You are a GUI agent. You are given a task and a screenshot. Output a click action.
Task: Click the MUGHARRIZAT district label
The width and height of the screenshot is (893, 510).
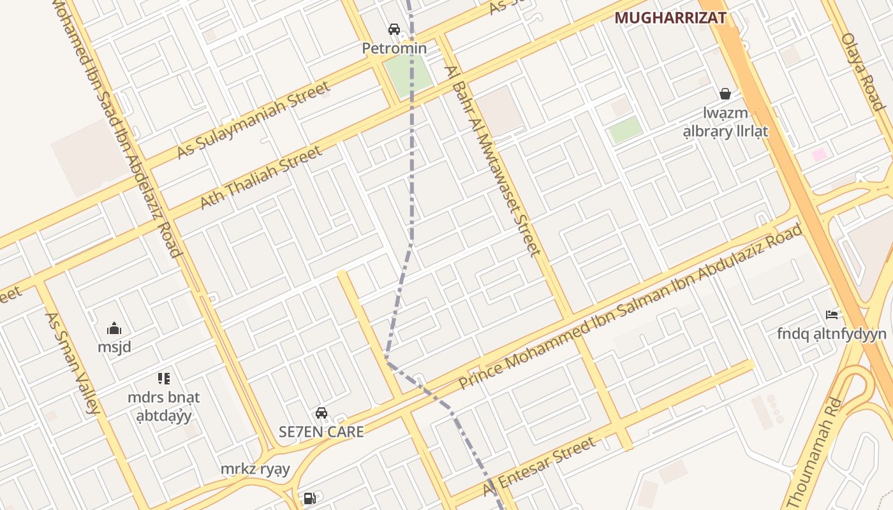pos(670,18)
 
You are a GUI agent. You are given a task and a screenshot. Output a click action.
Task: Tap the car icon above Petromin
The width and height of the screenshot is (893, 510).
pos(394,29)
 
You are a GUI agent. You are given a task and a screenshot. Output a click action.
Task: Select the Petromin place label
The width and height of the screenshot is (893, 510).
pos(394,48)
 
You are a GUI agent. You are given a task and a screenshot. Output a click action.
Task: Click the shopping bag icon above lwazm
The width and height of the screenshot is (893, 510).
pos(725,94)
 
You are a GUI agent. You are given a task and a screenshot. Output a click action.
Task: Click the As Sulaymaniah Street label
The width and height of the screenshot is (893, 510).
pos(254,119)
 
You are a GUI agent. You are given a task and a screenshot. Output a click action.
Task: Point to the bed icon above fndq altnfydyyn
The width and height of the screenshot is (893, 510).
pos(832,314)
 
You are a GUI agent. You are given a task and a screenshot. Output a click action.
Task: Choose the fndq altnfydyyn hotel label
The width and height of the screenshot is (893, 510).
pos(832,334)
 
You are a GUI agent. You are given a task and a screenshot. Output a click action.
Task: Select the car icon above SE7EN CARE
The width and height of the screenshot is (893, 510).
pos(321,413)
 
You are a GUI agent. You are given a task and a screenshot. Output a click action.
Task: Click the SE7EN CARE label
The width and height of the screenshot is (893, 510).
pos(321,432)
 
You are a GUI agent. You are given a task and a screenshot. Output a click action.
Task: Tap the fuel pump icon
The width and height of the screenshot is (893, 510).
pos(309,499)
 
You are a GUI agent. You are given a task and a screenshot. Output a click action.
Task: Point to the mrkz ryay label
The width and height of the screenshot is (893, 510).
pos(255,470)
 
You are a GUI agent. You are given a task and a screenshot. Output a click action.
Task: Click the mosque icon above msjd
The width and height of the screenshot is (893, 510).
pos(114,328)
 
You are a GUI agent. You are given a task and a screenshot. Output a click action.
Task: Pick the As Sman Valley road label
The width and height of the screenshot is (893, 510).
pos(73,363)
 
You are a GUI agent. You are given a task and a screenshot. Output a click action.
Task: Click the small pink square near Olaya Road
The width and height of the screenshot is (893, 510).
pos(819,155)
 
